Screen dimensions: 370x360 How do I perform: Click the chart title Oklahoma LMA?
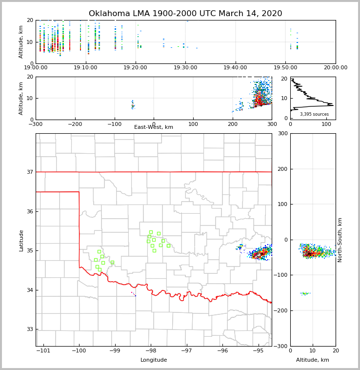tap(185, 14)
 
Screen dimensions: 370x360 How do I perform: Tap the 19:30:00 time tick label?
tap(185, 68)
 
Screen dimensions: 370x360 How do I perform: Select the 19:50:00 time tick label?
tap(285, 68)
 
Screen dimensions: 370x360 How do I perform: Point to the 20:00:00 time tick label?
tap(336, 68)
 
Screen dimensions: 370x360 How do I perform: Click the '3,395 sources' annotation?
tap(314, 114)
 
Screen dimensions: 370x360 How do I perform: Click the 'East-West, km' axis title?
tap(154, 127)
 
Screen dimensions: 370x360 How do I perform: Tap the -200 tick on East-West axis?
tap(75, 124)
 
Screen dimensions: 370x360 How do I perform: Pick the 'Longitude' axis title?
tap(154, 360)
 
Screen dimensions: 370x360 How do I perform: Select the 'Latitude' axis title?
tap(21, 240)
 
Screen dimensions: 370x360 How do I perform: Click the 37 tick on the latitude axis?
tap(30, 172)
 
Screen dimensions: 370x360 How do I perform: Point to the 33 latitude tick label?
tap(30, 329)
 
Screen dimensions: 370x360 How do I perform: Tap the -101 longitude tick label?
tap(43, 351)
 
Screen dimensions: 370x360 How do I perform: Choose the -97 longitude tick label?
tap(187, 351)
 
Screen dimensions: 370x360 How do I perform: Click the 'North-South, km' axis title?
tap(340, 240)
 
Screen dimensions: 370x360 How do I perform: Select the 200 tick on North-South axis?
tap(282, 169)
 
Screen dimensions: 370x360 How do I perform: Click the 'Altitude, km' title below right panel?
tap(313, 360)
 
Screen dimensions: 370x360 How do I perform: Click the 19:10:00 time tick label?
tap(86, 68)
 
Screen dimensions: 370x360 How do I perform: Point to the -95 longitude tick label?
tap(258, 351)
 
